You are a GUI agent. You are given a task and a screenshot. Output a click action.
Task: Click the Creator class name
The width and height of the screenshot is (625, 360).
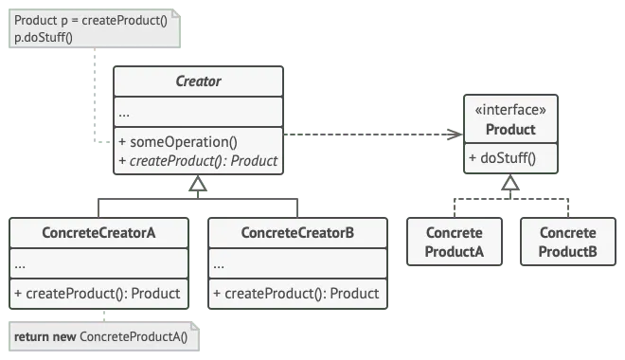198,81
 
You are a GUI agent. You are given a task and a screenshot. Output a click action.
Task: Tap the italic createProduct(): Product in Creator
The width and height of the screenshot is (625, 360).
198,161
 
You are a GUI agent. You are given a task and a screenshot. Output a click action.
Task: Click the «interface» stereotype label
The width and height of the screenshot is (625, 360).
510,110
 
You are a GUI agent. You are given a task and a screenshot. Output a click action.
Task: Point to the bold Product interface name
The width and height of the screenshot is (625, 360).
510,130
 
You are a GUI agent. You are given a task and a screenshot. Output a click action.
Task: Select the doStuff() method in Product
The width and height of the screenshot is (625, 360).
502,158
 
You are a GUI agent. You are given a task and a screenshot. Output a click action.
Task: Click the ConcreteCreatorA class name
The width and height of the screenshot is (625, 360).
98,233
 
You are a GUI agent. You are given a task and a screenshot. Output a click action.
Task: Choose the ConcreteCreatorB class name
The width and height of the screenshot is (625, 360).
297,233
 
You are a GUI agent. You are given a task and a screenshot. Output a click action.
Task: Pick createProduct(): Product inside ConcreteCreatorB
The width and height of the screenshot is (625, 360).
296,294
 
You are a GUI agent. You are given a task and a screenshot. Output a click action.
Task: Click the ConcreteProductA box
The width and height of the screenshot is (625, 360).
455,243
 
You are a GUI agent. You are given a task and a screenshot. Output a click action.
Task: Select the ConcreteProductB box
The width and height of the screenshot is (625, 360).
568,243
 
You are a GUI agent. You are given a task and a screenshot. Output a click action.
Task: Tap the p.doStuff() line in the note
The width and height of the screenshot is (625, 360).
44,37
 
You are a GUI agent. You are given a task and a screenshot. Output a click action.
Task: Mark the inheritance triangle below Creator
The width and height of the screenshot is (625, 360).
198,185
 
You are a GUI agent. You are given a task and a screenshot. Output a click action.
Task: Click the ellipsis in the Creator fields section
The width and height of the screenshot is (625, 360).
125,113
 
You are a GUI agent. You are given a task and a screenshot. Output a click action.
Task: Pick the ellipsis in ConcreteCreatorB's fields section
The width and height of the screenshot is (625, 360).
220,264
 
